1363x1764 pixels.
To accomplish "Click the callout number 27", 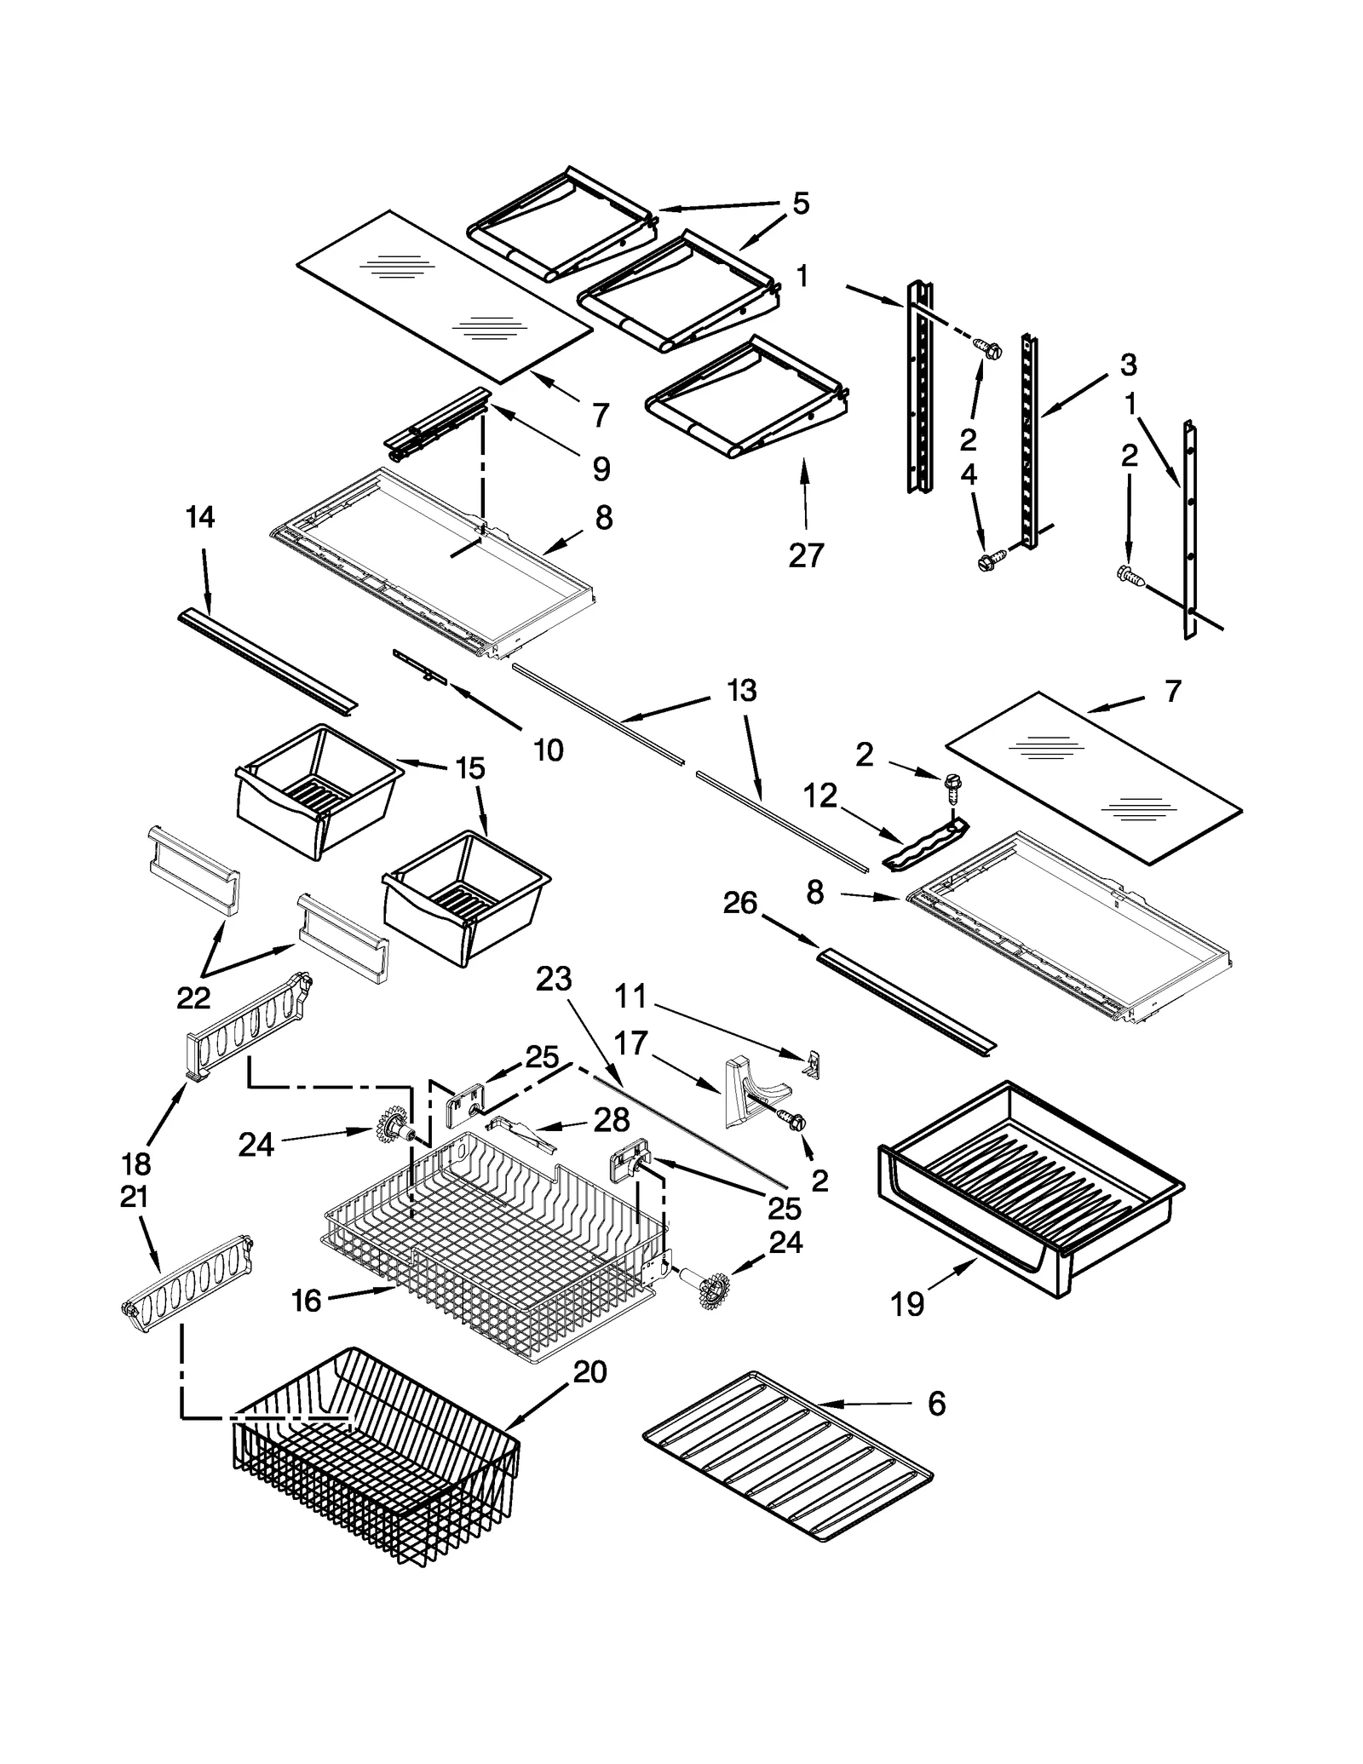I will coord(806,554).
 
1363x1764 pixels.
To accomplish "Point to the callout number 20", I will coord(589,1371).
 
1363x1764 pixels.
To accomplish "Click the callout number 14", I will coord(200,516).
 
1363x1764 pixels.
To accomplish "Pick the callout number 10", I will coord(548,750).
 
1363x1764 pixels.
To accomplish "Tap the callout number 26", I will coord(739,903).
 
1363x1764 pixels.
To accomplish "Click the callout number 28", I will coord(612,1119).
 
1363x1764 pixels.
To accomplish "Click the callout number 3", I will coord(1128,365).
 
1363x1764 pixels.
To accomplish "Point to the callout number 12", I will coord(820,796).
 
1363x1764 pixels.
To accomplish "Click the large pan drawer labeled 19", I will coord(1031,1184).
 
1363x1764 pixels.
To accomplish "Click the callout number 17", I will coord(630,1043).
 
